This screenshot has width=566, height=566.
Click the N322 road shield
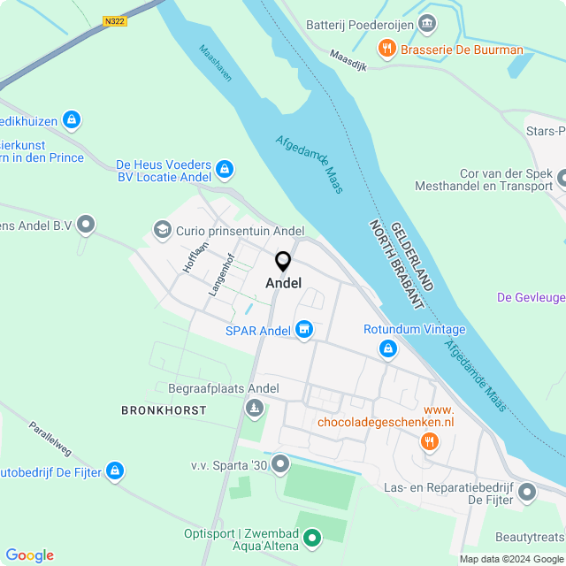[x=114, y=20]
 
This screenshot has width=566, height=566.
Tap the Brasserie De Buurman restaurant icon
[x=386, y=50]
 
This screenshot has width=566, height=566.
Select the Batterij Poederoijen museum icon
[x=427, y=22]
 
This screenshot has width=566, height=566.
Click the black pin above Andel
[x=283, y=262]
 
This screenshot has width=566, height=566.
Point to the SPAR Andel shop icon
[x=304, y=330]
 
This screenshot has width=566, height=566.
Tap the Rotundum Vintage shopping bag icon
[x=387, y=350]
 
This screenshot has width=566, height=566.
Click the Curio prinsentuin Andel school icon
[x=162, y=231]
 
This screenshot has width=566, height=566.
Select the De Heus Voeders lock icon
[x=225, y=168]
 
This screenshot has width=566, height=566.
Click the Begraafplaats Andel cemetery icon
[x=255, y=408]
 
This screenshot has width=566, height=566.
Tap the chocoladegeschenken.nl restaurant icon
[x=430, y=441]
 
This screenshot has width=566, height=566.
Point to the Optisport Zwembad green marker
[x=312, y=536]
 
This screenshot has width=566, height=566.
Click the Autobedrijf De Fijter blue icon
[x=114, y=471]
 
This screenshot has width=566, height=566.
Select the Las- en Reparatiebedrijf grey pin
[x=528, y=492]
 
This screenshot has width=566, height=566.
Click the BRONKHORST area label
[x=164, y=410]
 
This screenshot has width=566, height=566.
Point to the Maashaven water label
[x=215, y=64]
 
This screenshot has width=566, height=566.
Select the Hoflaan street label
[x=195, y=256]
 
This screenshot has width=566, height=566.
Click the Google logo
[x=29, y=555]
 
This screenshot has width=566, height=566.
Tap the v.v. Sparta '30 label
[x=228, y=465]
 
